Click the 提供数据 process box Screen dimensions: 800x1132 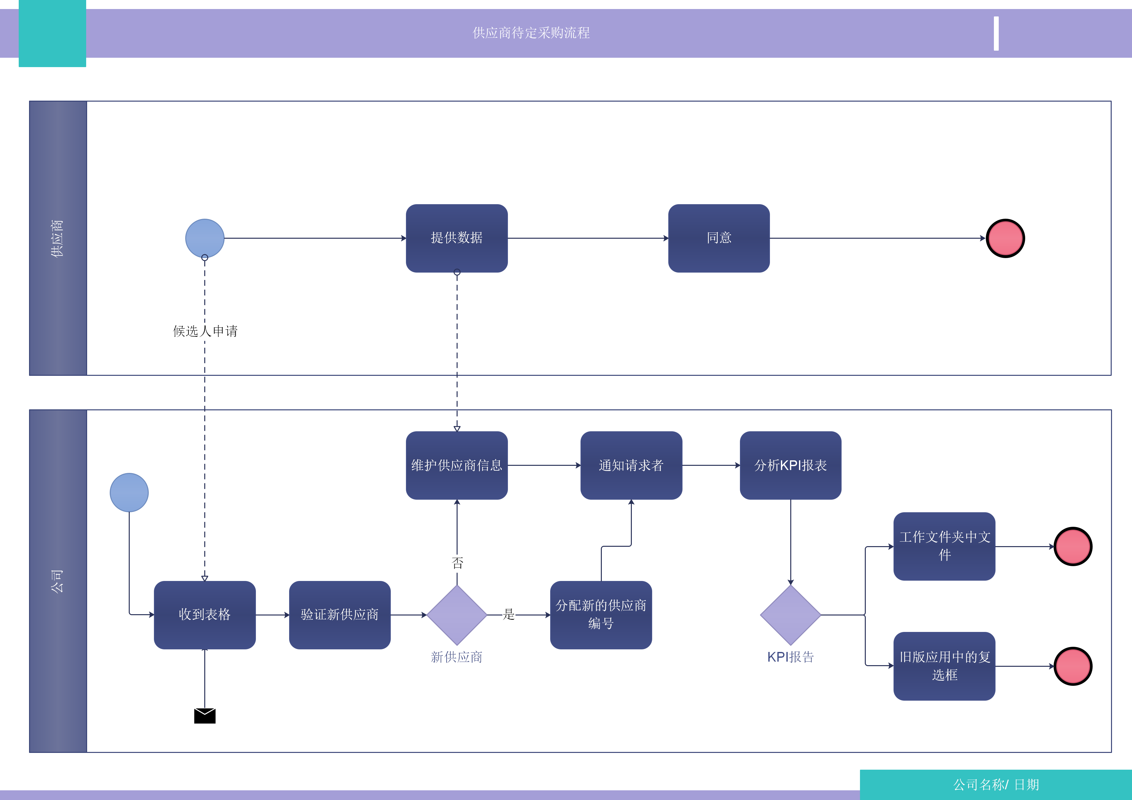click(457, 238)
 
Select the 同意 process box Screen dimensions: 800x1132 click(719, 238)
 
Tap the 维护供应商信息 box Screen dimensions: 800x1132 click(457, 465)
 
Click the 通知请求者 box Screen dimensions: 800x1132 click(631, 465)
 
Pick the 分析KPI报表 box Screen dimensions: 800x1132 click(790, 465)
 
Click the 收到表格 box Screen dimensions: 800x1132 click(205, 615)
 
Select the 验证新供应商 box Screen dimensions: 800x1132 click(340, 615)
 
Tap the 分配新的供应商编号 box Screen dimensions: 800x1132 click(601, 615)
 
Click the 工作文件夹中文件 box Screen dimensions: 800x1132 click(944, 546)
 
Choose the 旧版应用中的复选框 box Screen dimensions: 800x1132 click(944, 666)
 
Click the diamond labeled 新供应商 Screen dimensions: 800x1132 click(457, 615)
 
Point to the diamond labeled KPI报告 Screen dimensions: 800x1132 click(790, 615)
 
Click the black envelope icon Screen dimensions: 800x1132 click(205, 716)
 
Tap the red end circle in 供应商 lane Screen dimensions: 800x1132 click(1005, 238)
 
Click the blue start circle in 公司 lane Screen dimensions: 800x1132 click(129, 493)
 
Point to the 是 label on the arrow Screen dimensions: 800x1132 click(508, 615)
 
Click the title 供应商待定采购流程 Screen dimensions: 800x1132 click(531, 33)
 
